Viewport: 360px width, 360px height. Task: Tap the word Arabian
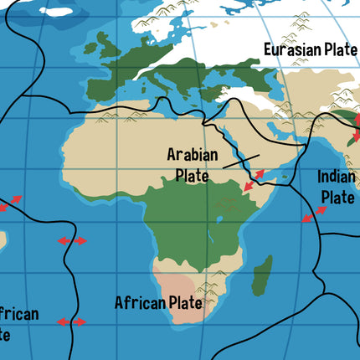(193, 155)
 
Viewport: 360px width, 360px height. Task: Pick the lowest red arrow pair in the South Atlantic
(71, 321)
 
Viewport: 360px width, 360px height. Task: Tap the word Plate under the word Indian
(338, 198)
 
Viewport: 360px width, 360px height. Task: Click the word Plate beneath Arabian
(193, 176)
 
